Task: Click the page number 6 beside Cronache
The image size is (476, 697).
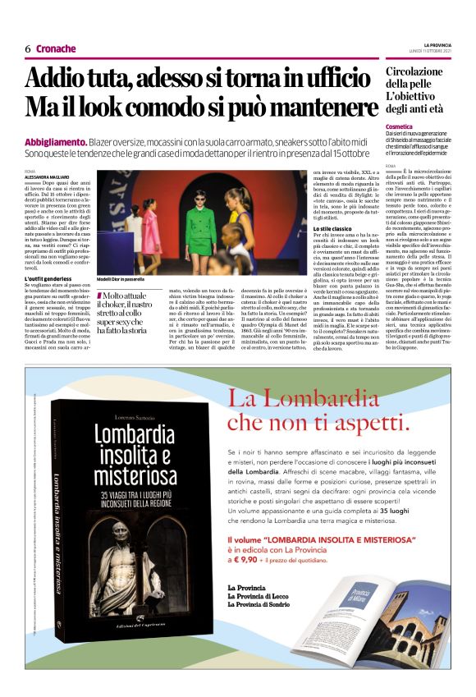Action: (27, 49)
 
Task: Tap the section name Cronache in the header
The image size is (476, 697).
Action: (56, 49)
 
